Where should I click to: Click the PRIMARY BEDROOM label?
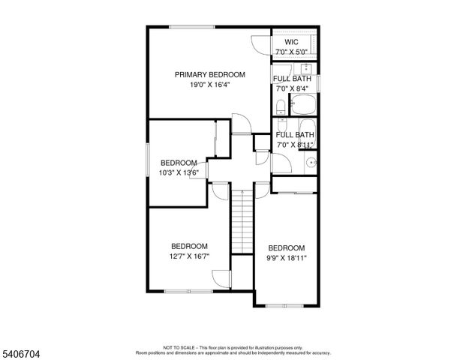[209, 74]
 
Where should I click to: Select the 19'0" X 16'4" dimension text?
[209, 85]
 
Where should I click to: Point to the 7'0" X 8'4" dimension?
[293, 88]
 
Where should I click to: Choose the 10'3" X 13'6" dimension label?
[178, 173]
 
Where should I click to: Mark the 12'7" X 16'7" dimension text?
[189, 256]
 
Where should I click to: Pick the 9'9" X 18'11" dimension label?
[287, 259]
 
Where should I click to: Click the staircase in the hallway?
[242, 222]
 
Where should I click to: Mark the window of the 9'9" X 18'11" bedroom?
[286, 305]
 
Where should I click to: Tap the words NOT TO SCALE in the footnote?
[179, 347]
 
